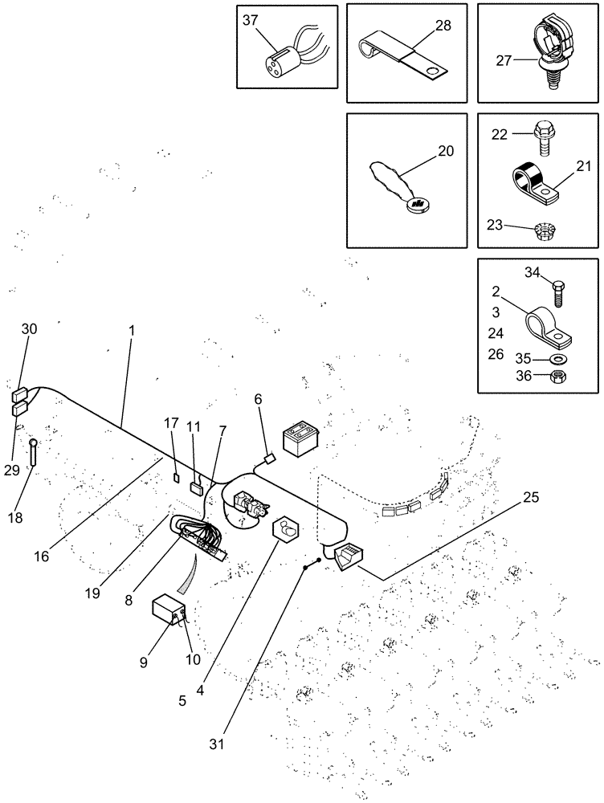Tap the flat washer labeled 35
tap(557, 358)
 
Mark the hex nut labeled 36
tap(557, 376)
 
